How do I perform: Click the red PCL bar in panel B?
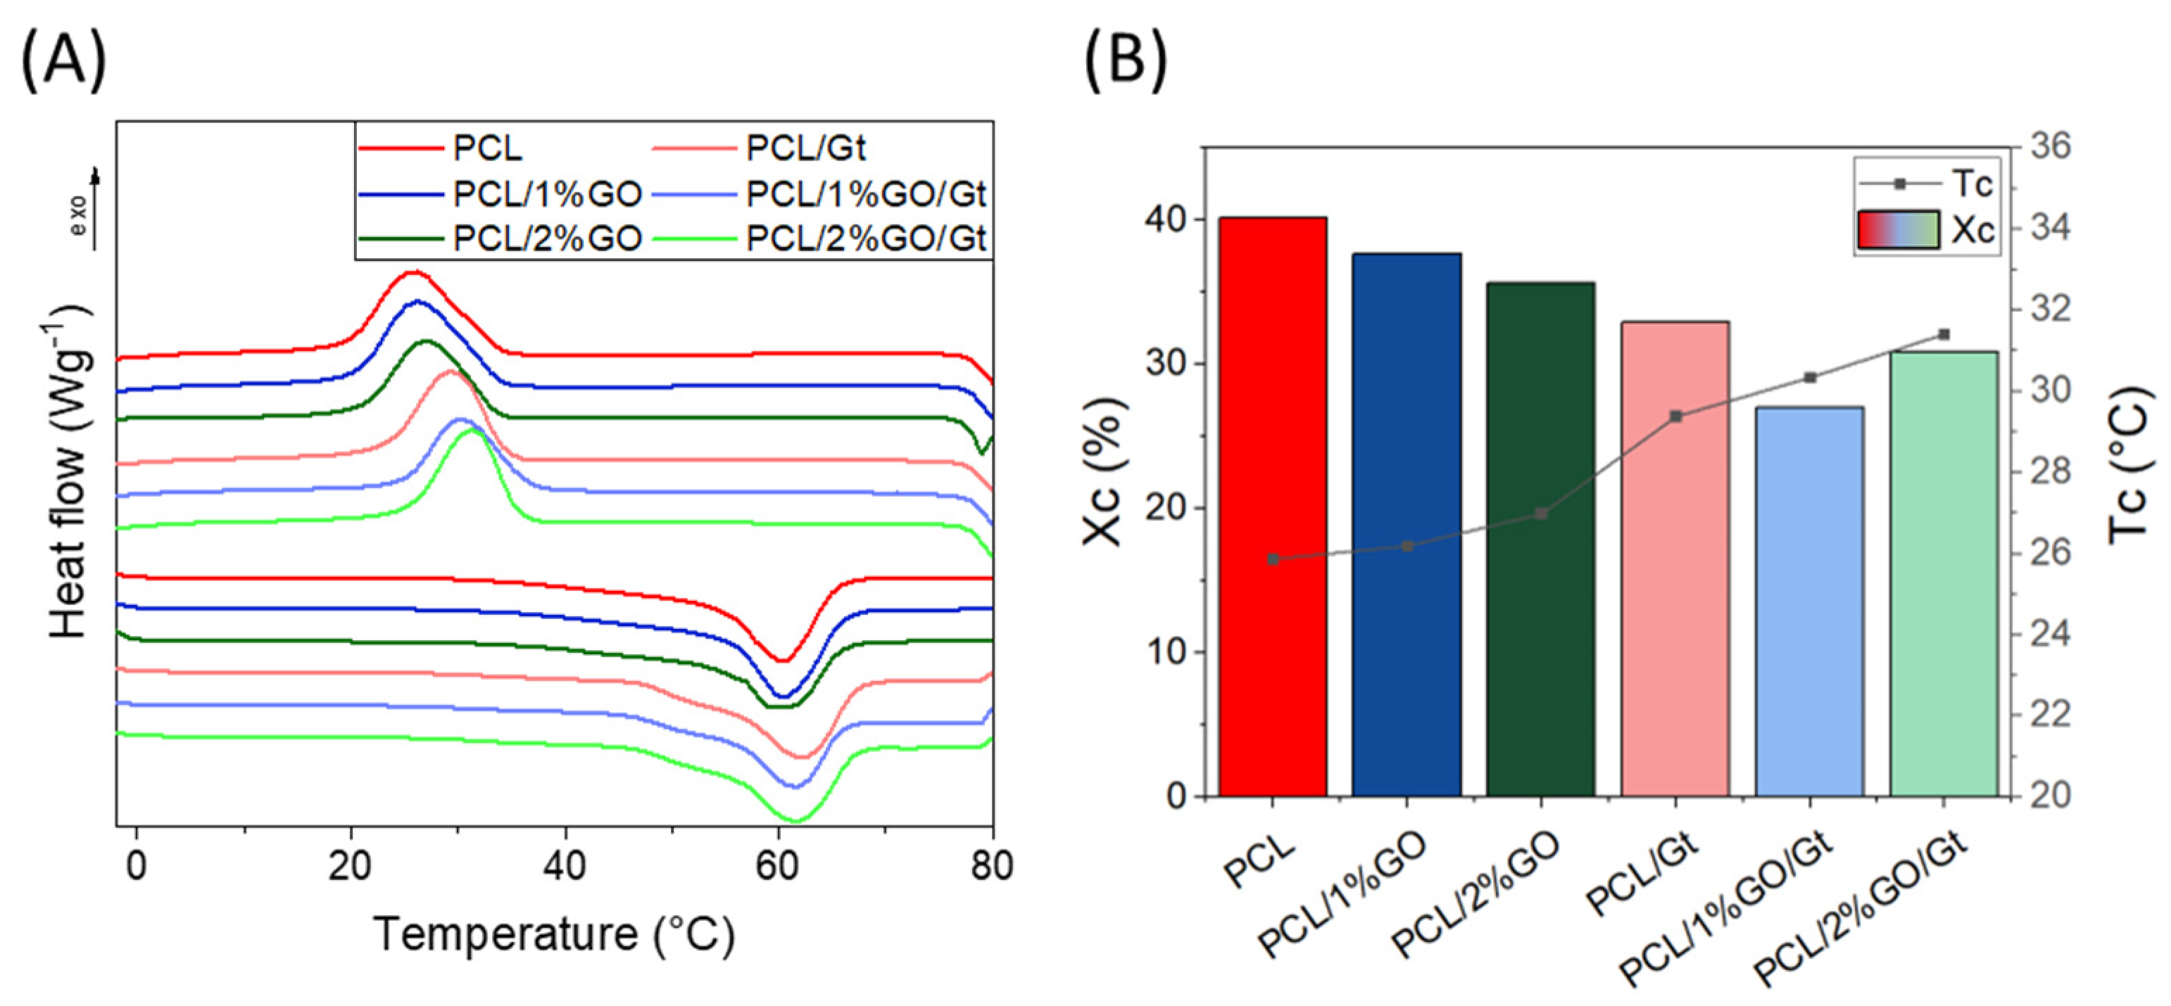[1273, 506]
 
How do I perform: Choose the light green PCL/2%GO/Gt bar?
[1944, 573]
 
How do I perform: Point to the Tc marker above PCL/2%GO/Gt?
[1944, 334]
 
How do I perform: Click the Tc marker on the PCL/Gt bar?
[1675, 416]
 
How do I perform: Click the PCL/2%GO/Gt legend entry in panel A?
[866, 239]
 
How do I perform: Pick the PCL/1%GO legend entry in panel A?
[548, 195]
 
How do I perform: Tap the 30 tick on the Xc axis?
[1167, 364]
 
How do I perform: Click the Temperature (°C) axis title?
[554, 934]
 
